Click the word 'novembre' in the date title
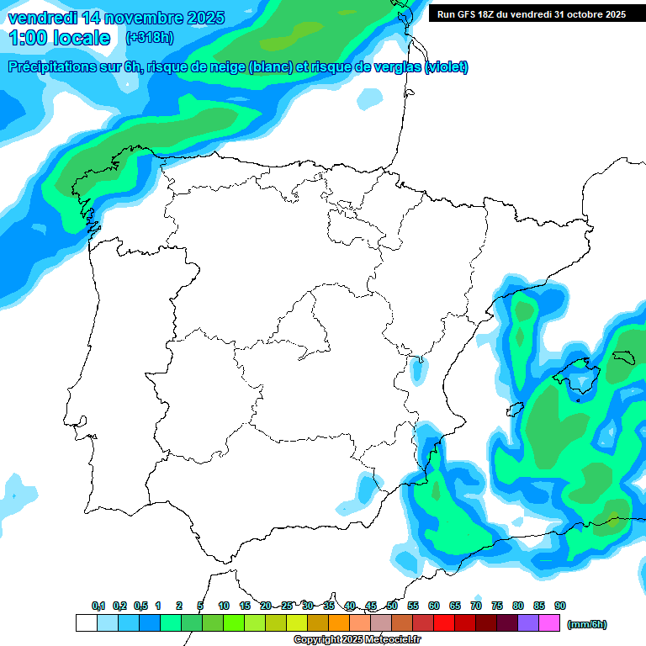tap(131, 18)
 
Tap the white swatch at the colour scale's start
tap(86, 622)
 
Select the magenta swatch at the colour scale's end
tap(549, 622)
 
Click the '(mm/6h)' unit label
tap(586, 624)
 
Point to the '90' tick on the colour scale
tap(560, 606)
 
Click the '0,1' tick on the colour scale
tap(98, 606)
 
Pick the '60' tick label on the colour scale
tap(434, 606)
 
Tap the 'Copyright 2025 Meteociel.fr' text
tap(357, 640)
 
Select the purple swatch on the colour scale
tap(528, 622)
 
